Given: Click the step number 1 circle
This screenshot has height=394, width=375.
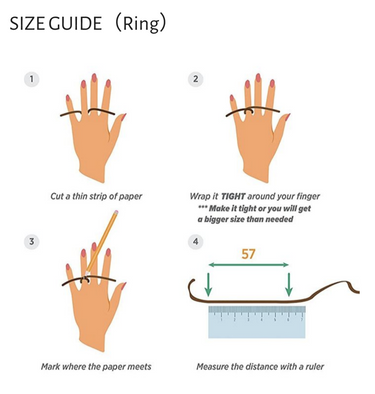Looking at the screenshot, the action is point(32,79).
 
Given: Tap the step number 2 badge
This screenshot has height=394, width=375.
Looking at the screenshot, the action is point(196,79).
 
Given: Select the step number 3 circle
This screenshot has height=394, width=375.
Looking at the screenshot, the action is point(32,241).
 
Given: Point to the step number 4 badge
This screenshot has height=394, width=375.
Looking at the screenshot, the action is point(196,241).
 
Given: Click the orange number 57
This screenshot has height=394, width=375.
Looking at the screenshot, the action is point(248,254).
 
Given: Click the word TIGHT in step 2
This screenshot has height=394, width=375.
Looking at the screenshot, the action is point(233,196).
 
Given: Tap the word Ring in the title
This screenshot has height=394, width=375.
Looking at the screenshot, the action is point(141,24).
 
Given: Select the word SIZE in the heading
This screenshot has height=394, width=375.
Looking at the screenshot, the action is point(28,24).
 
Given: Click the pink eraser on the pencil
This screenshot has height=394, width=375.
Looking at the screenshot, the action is point(116,212).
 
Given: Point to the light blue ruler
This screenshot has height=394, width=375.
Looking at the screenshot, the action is point(257,322).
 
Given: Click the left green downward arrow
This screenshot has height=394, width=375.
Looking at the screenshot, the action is point(208,284).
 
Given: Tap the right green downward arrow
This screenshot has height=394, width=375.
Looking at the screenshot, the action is point(289,284).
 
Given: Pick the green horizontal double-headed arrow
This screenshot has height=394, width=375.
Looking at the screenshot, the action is point(248,265).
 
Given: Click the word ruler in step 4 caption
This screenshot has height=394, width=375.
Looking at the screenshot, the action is point(314,367).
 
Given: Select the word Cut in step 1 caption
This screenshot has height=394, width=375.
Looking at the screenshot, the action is point(56,196).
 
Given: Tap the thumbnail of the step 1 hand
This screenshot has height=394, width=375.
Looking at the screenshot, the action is point(123,117).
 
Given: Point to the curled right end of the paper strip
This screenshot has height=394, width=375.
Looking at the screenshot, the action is point(353,288).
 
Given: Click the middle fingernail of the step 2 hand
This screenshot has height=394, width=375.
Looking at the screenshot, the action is point(258,78).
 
